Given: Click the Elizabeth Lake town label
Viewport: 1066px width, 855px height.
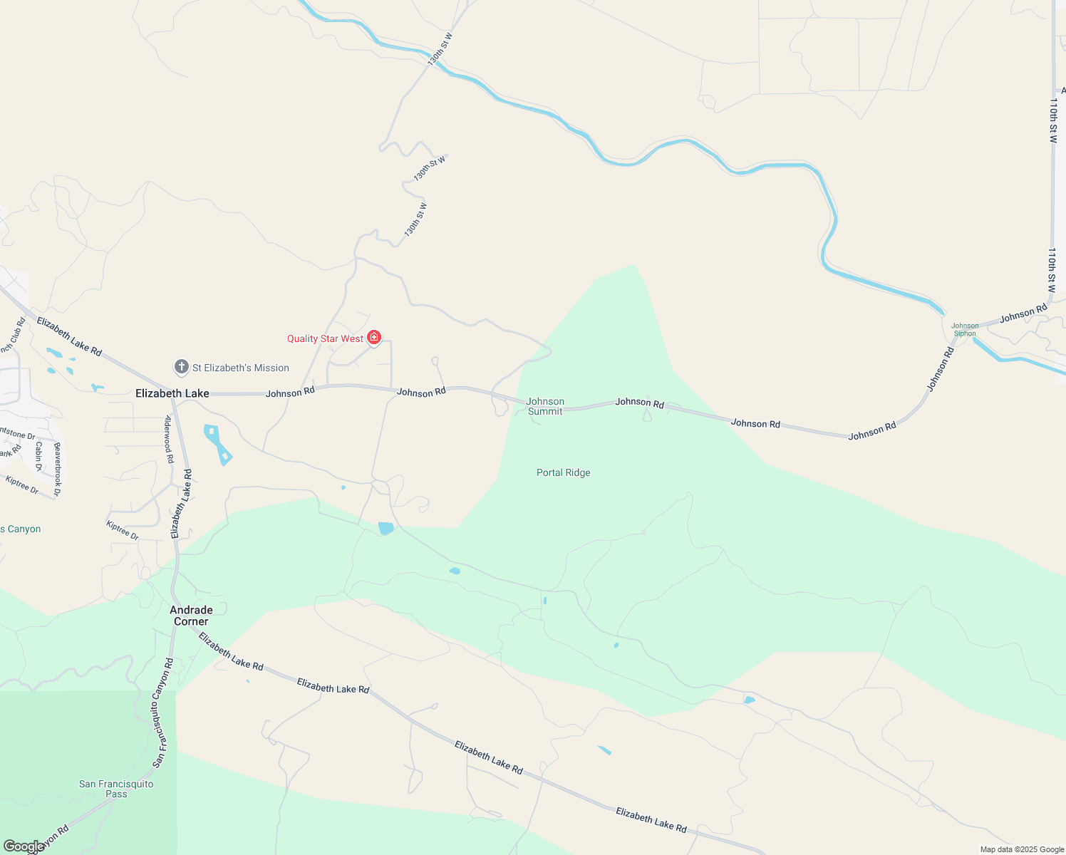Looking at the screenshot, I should click(172, 393).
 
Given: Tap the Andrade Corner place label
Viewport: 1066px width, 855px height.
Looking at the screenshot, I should click(191, 616).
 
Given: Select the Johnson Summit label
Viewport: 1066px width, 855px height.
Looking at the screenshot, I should click(545, 406).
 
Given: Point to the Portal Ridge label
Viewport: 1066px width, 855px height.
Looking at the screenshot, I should click(563, 472).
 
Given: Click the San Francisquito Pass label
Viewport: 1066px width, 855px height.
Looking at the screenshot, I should click(116, 789).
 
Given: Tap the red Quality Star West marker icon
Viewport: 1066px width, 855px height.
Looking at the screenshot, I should click(374, 338).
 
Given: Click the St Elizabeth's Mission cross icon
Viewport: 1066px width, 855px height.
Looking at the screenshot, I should click(182, 367).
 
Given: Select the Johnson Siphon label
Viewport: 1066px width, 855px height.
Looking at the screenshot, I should click(965, 329).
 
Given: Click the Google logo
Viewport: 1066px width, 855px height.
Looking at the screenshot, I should click(24, 846).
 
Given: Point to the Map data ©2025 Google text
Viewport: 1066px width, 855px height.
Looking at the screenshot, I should click(1022, 849).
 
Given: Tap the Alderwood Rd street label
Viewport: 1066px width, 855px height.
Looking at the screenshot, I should click(170, 439).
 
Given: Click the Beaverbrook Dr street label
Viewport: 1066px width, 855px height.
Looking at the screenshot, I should click(58, 468).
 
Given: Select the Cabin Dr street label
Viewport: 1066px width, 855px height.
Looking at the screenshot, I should click(38, 456).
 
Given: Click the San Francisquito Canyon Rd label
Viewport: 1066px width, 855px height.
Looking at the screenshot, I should click(162, 712).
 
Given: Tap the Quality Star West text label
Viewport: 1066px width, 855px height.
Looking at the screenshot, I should click(325, 338).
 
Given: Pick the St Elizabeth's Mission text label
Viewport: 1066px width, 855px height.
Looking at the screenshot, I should click(241, 368).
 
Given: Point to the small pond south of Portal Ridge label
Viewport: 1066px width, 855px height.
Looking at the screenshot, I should click(455, 571).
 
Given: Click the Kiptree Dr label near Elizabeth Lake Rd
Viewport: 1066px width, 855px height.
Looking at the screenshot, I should click(122, 531).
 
